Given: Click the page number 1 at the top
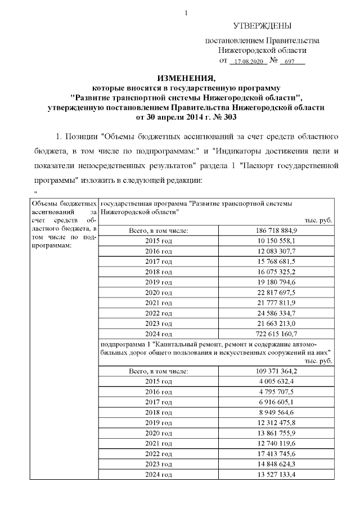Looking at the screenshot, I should coord(186,12).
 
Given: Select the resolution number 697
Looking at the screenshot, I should coord(291,61).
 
